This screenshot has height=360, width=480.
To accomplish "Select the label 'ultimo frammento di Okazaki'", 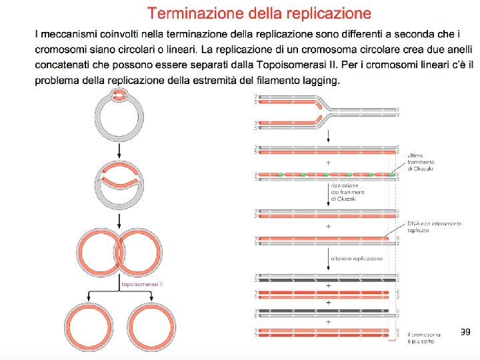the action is point(423,161).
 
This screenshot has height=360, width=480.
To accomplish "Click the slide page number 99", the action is point(465,331).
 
